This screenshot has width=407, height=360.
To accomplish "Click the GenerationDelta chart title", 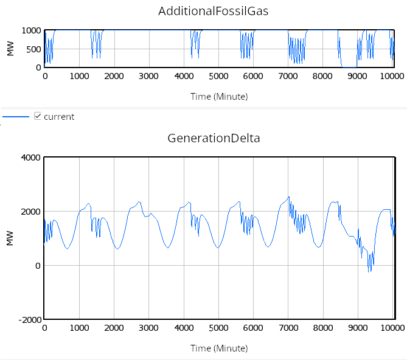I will [x=214, y=138].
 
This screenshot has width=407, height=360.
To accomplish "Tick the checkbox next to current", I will [x=38, y=116].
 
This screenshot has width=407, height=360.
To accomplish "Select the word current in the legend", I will [x=59, y=117].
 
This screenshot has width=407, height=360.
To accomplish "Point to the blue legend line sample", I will [x=16, y=116].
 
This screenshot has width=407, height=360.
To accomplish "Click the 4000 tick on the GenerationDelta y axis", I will [x=30, y=158].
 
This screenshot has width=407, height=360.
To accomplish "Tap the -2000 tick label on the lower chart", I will [x=28, y=319].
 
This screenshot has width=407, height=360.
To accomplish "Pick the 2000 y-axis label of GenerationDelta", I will [x=30, y=212].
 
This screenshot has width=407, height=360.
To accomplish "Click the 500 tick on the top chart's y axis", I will [x=33, y=49].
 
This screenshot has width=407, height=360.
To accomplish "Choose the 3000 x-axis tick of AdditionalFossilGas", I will [x=149, y=77].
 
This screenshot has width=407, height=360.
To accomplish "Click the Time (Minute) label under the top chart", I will [x=218, y=96].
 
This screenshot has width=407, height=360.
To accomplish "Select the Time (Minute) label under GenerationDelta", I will [x=218, y=348].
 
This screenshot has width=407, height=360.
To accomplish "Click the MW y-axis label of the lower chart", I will [x=10, y=238].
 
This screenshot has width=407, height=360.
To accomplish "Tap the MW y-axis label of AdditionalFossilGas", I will [x=10, y=49].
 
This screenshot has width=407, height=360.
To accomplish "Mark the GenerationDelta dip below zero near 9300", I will [x=369, y=270].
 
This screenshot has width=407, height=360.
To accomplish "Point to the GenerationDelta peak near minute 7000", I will [x=289, y=196].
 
